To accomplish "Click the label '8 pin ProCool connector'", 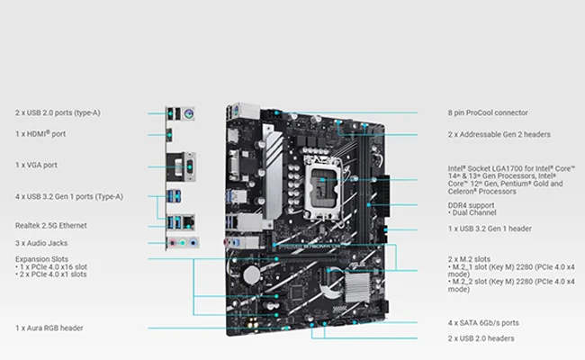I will click(488, 113).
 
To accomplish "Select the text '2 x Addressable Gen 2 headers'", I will click(499, 134).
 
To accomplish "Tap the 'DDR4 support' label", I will click(473, 205).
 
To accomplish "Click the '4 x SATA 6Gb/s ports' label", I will click(482, 322).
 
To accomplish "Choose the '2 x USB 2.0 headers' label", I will click(481, 338).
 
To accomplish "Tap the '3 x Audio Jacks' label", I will click(41, 243).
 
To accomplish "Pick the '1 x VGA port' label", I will click(37, 165).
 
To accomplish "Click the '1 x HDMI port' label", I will click(40, 134).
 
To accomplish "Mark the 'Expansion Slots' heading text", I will click(40, 258).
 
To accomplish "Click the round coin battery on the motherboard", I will click(254, 272).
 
